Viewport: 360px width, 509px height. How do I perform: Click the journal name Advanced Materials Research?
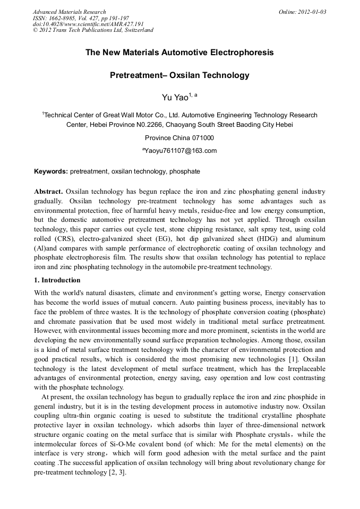click(x=69, y=12)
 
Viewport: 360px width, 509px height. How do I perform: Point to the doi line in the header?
click(x=88, y=24)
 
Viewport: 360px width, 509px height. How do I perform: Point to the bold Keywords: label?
click(x=51, y=172)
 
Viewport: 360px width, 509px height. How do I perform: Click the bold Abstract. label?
click(x=49, y=191)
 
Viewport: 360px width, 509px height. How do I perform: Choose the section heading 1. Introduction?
click(x=57, y=280)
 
